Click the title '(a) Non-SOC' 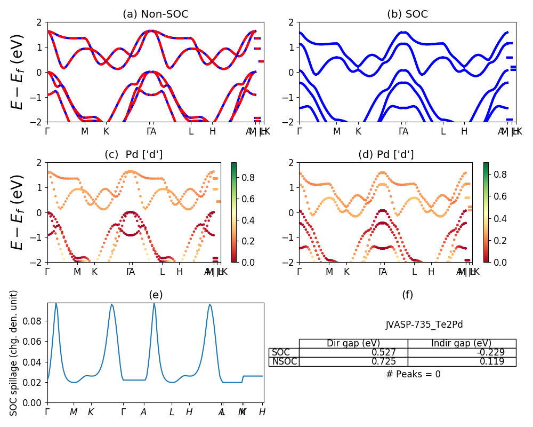coord(155,14)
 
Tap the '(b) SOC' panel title coord(407,14)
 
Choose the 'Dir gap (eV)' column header coord(353,344)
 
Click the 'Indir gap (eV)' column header coord(462,344)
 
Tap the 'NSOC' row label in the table coord(284,362)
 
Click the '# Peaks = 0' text coord(413,375)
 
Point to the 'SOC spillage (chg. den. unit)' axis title coord(14,353)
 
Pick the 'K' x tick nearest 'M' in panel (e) coord(91,412)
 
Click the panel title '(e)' coord(155,295)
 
